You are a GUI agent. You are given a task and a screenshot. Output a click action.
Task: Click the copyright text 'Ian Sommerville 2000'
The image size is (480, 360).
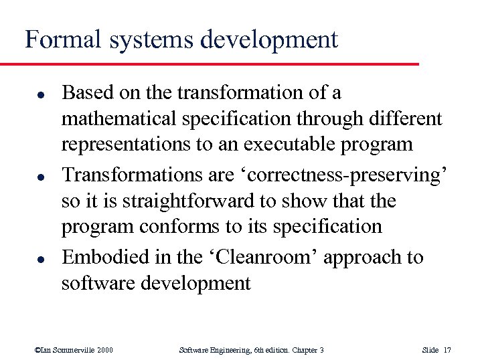[74, 350]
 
